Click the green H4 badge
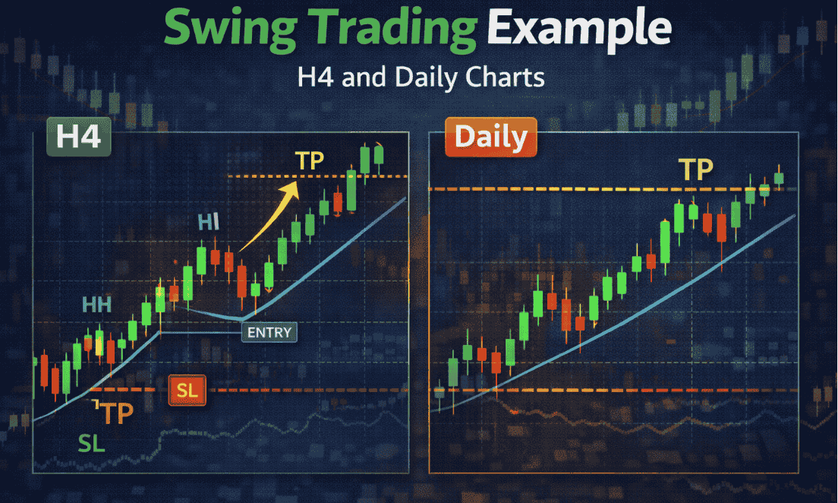tap(79, 138)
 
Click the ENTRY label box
tap(269, 332)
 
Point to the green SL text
tap(92, 444)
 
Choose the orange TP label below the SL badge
tap(115, 413)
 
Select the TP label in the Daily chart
tap(695, 169)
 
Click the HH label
tap(97, 305)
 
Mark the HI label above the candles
tap(208, 222)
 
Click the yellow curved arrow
tap(267, 220)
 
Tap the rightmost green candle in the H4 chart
tap(379, 153)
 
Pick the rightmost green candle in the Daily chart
tap(779, 179)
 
